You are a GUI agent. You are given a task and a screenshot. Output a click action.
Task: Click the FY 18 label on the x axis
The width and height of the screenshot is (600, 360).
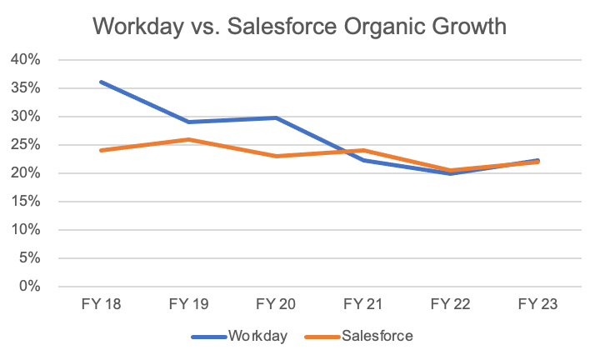point(100,306)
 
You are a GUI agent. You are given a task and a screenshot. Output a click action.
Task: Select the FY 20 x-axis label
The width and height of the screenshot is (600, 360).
point(276,306)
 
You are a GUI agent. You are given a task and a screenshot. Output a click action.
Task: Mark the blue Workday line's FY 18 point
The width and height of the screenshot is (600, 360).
point(100,82)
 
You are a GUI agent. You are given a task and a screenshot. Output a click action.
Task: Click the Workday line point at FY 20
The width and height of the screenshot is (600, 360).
point(276,117)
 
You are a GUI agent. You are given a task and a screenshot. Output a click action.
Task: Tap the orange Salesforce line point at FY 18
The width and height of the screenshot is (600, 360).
point(100,150)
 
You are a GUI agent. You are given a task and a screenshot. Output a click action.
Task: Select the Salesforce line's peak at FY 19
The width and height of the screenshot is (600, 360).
point(188,139)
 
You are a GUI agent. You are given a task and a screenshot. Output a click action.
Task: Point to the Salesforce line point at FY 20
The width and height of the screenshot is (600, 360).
point(276,156)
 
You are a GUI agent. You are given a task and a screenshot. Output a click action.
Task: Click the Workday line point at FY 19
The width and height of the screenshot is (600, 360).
point(188,122)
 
